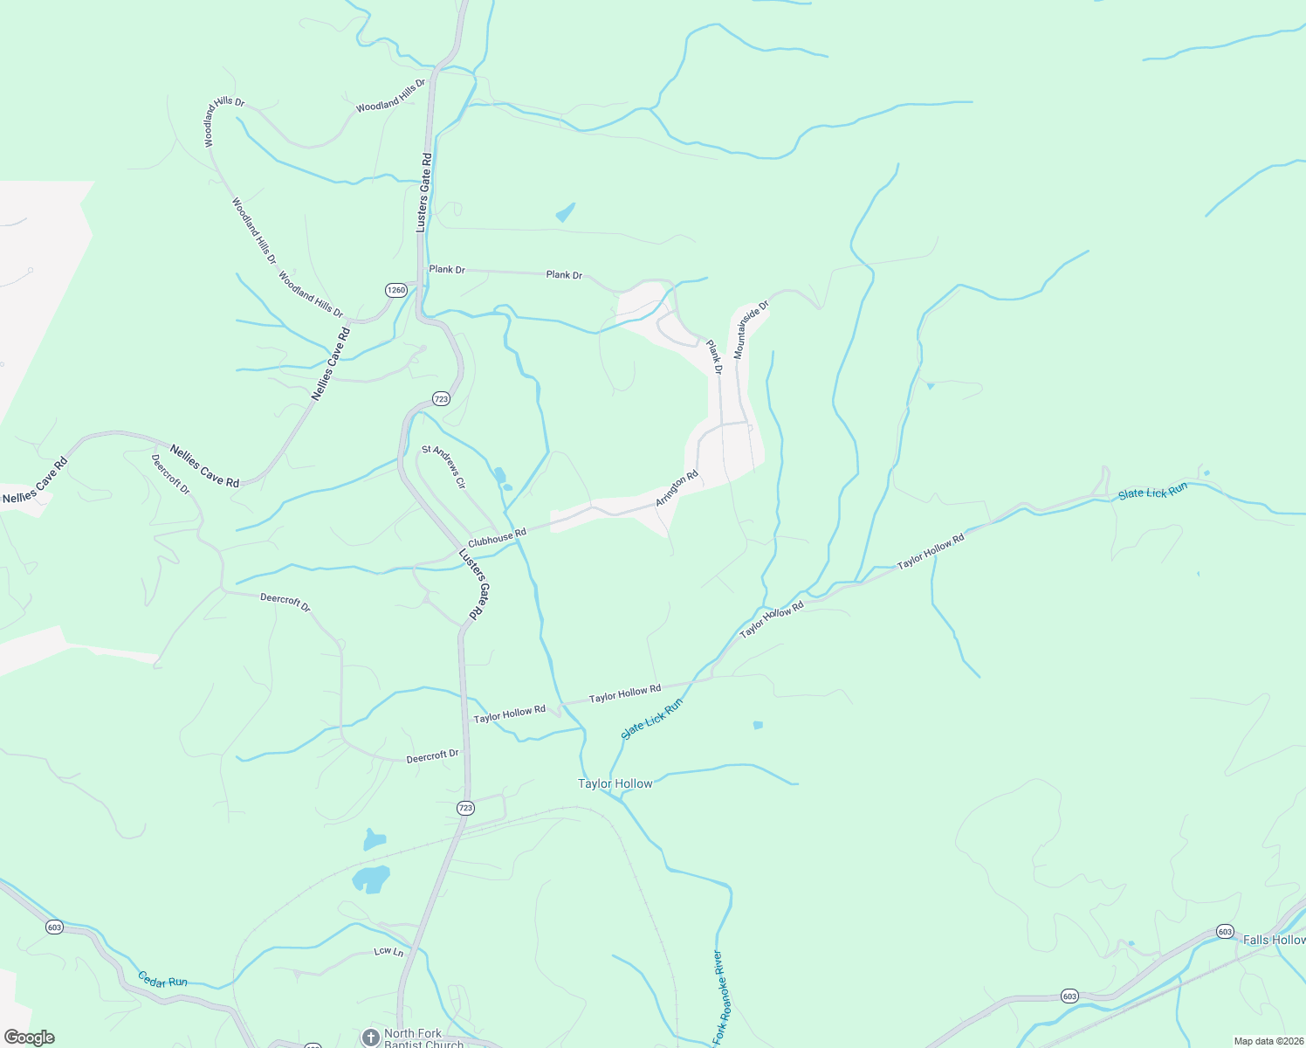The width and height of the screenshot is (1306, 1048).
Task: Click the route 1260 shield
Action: click(396, 290)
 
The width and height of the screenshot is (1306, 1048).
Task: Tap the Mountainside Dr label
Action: click(751, 329)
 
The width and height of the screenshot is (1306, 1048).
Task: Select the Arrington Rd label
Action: click(677, 489)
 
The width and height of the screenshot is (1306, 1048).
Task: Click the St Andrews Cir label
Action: click(444, 466)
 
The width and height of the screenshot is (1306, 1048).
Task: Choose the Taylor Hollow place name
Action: click(615, 783)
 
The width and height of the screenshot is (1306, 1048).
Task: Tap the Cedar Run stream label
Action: click(162, 979)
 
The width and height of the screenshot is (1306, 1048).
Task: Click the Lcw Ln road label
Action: click(388, 951)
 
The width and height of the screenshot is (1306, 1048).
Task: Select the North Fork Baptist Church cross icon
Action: click(370, 1037)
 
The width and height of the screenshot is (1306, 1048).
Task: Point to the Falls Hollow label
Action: click(1274, 940)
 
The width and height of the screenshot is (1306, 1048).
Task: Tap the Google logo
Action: click(29, 1038)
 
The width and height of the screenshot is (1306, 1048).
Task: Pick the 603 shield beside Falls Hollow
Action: click(1225, 932)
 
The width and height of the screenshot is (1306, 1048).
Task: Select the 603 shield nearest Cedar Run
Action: click(55, 927)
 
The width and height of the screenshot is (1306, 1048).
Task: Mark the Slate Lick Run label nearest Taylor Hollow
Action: click(652, 719)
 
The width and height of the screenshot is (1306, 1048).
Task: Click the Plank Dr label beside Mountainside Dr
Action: click(715, 357)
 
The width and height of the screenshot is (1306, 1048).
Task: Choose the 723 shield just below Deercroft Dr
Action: click(465, 808)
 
